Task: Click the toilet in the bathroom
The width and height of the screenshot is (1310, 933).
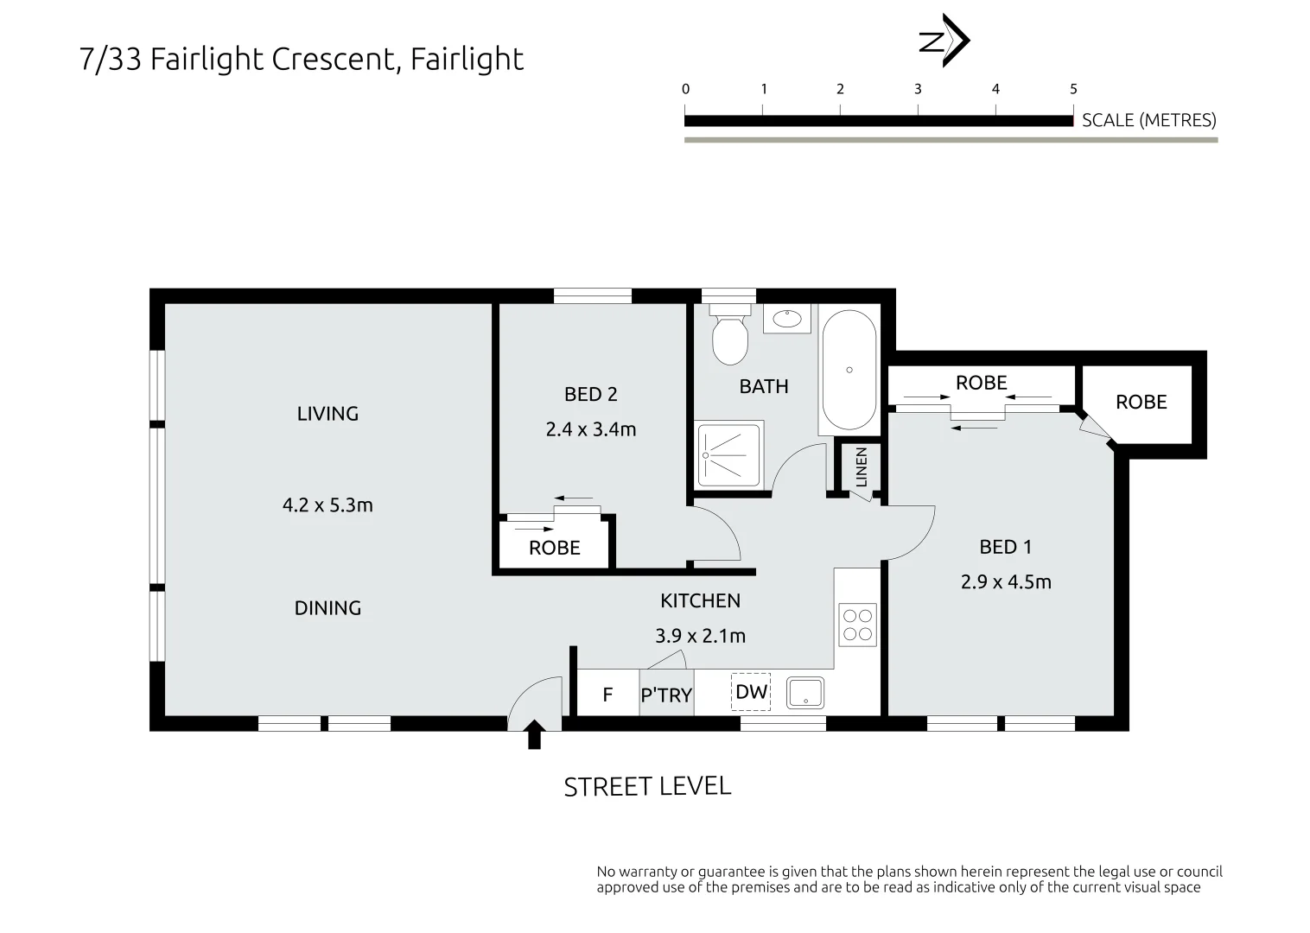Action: click(729, 337)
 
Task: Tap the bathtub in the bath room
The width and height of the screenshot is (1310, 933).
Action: click(849, 371)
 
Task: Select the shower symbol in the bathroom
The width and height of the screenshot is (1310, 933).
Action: click(729, 454)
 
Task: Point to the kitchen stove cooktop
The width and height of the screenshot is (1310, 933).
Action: click(857, 625)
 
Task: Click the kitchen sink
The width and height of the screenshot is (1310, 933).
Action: click(804, 693)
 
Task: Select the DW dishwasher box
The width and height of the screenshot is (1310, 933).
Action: click(751, 692)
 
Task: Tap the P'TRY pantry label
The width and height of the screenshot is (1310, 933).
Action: click(666, 695)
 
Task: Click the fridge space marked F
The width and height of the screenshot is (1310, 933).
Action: click(607, 695)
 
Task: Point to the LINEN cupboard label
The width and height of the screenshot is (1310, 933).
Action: click(861, 467)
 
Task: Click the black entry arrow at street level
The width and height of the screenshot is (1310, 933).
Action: click(534, 735)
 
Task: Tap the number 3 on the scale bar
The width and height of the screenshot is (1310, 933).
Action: click(918, 89)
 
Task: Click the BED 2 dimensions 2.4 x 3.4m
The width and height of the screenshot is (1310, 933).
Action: click(591, 429)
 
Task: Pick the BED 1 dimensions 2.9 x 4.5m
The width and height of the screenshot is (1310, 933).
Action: click(1006, 582)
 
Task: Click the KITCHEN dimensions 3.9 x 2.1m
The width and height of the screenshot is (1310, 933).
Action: click(700, 636)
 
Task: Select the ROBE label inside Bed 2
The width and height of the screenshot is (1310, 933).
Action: click(555, 548)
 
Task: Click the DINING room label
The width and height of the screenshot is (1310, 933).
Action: click(327, 608)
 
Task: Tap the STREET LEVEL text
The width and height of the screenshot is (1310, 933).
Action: click(647, 786)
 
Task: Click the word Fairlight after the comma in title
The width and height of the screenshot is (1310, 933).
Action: click(467, 60)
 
